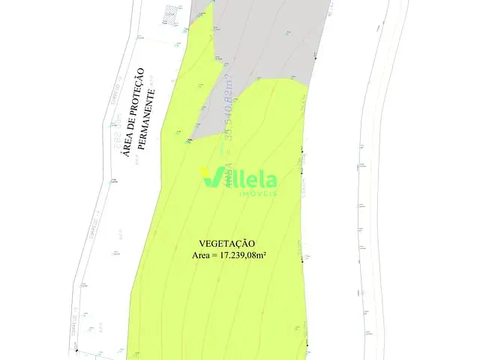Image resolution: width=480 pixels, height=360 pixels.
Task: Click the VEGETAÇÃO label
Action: point(227,244)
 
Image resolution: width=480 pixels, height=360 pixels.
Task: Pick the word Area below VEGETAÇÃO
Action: point(202,256)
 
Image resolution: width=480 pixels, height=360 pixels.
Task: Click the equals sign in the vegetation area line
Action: point(216,256)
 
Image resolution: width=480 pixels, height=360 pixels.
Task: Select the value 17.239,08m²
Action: point(244,256)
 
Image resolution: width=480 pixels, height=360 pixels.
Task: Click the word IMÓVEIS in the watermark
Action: point(257,193)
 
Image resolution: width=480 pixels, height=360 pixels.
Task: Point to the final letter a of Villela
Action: point(271,180)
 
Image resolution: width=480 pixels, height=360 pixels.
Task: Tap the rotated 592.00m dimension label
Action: point(118,133)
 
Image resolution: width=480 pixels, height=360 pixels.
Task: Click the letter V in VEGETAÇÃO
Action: point(202,244)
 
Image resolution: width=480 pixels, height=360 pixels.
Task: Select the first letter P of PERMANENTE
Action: point(150,145)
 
